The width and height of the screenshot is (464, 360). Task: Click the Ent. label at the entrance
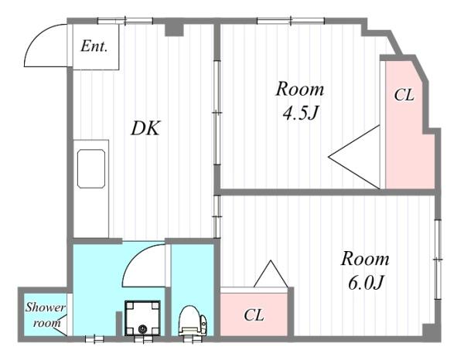(x=94, y=46)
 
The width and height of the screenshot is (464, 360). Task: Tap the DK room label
(x=145, y=128)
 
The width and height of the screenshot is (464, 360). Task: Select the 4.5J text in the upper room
(x=300, y=113)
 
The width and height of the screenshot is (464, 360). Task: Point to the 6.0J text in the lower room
(x=366, y=283)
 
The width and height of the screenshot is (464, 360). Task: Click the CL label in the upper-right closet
(x=404, y=95)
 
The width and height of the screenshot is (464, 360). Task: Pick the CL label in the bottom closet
(x=254, y=315)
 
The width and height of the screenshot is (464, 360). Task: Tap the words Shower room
(x=45, y=315)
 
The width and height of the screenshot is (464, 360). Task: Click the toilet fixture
(x=193, y=321)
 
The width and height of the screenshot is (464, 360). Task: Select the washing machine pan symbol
(x=142, y=318)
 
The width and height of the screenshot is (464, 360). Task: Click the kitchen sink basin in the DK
(x=91, y=168)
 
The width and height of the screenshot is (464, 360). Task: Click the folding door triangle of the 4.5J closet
(x=354, y=157)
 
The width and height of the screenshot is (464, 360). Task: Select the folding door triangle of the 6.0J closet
(x=271, y=273)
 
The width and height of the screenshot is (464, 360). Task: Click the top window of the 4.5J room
(x=291, y=21)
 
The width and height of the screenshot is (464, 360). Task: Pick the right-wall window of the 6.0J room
(x=438, y=260)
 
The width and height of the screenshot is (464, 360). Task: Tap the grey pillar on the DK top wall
(x=174, y=29)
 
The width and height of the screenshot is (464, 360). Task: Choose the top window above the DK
(x=125, y=21)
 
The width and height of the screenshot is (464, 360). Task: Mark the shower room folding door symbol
(x=63, y=325)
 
